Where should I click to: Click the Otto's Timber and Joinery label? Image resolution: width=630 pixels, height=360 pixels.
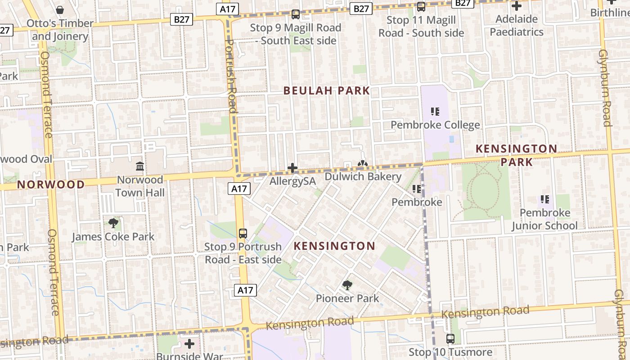(60, 30)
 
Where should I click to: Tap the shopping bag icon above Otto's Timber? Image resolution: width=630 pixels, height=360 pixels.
(59, 9)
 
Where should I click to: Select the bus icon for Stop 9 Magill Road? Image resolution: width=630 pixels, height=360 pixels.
(295, 14)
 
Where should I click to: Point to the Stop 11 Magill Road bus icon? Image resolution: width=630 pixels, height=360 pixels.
(421, 7)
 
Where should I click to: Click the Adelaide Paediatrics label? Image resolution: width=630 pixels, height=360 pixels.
(517, 26)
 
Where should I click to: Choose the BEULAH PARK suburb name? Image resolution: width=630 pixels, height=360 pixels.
(327, 91)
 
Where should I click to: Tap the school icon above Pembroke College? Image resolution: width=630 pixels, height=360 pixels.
(435, 111)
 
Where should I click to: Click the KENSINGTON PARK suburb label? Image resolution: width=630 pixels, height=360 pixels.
(516, 155)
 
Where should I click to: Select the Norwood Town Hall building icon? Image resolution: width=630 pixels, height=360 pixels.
(140, 166)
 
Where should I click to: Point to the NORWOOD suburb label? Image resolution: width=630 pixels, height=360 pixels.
(51, 184)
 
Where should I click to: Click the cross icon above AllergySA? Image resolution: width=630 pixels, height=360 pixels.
(292, 168)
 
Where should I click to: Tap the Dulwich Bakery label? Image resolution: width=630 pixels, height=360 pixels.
(363, 176)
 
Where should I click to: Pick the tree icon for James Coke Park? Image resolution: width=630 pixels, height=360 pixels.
(113, 223)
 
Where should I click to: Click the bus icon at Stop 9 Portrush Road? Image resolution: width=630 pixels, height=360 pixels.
(243, 233)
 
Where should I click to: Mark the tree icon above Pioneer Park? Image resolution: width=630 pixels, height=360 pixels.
(347, 284)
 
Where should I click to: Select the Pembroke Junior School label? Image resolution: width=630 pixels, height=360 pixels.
(544, 219)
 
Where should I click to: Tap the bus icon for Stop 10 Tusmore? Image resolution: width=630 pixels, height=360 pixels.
(450, 338)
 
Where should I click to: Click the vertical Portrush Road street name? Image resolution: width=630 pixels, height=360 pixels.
(230, 76)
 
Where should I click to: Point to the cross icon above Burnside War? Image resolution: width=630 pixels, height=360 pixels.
(189, 344)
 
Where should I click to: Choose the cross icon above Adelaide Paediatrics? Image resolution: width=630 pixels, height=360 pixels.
(517, 6)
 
